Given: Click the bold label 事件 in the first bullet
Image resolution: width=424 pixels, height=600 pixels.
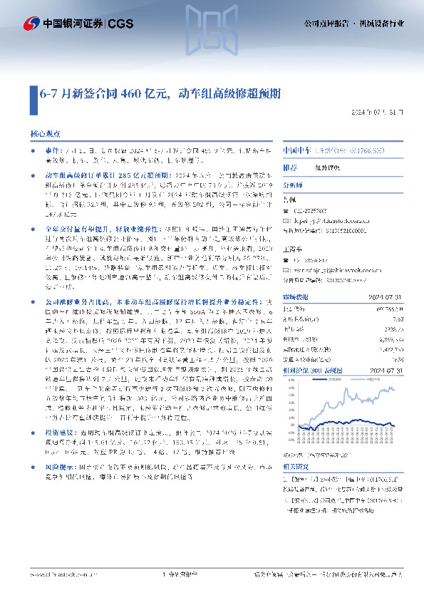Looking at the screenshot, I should [x=51, y=152].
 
